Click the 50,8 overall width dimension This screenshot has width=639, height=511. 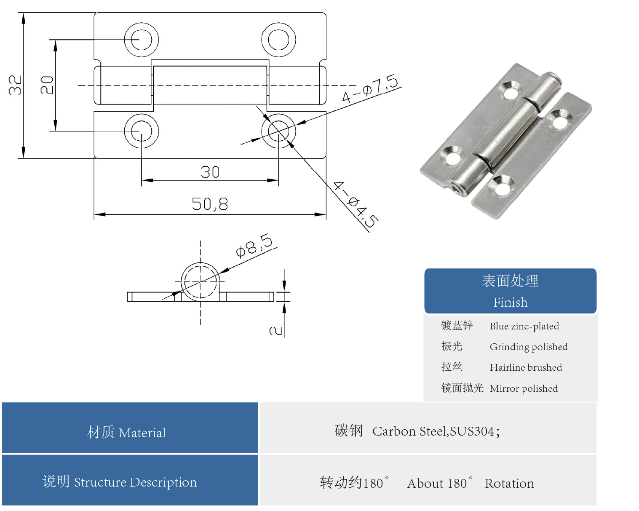(210, 204)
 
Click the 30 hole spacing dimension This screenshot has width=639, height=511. (210, 172)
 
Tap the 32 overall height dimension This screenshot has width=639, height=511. (15, 85)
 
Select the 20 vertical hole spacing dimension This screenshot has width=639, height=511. (47, 85)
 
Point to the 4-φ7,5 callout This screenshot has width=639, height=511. (369, 88)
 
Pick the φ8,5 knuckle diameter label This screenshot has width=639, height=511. (254, 245)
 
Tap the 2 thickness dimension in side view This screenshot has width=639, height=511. (275, 331)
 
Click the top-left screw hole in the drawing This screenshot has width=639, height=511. (141, 40)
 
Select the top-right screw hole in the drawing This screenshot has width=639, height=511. (278, 40)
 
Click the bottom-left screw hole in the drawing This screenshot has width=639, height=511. (141, 131)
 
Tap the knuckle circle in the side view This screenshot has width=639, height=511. (200, 281)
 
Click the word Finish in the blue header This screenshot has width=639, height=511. (510, 302)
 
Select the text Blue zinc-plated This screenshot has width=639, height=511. (524, 326)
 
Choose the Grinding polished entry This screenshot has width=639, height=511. (528, 347)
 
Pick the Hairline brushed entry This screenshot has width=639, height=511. (526, 367)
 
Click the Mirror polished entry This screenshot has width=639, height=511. (524, 388)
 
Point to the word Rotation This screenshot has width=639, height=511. (509, 484)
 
